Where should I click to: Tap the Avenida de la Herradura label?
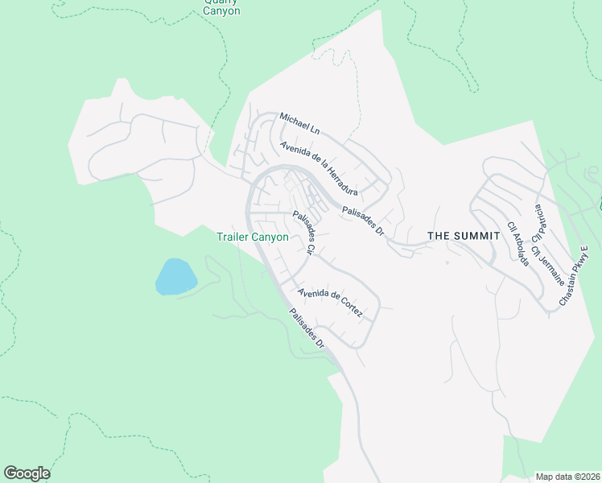point(319,167)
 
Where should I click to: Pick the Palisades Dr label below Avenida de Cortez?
point(307,328)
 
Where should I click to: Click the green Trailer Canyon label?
point(253,237)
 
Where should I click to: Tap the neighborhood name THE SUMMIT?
point(464,236)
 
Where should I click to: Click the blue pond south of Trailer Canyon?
point(175,276)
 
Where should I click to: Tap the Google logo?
point(27,473)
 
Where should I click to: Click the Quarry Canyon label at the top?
point(221,7)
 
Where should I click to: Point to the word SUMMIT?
point(479,236)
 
